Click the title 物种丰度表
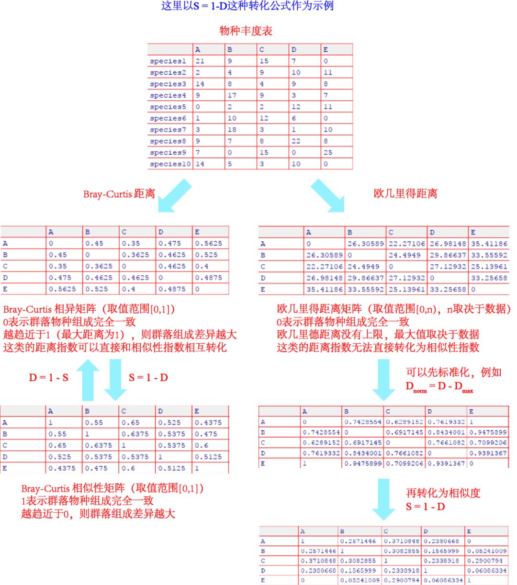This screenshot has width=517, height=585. tap(246, 31)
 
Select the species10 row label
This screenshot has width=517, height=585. tap(169, 164)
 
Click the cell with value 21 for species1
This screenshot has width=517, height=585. tap(200, 61)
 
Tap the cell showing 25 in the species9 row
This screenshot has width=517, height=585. tap(328, 152)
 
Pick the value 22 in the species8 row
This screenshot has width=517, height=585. tap(296, 141)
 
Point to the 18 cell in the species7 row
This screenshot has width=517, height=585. tap(232, 129)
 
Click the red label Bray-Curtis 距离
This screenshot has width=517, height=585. tap(119, 194)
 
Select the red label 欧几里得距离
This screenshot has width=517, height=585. tap(405, 193)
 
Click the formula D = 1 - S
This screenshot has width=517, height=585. tap(48, 378)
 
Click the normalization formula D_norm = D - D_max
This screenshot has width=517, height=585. tap(439, 387)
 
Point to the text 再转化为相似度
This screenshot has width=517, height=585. tap(443, 493)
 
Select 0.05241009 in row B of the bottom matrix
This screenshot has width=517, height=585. tap(486, 551)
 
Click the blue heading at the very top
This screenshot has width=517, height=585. tap(247, 6)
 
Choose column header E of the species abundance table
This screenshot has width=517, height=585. tap(326, 49)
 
